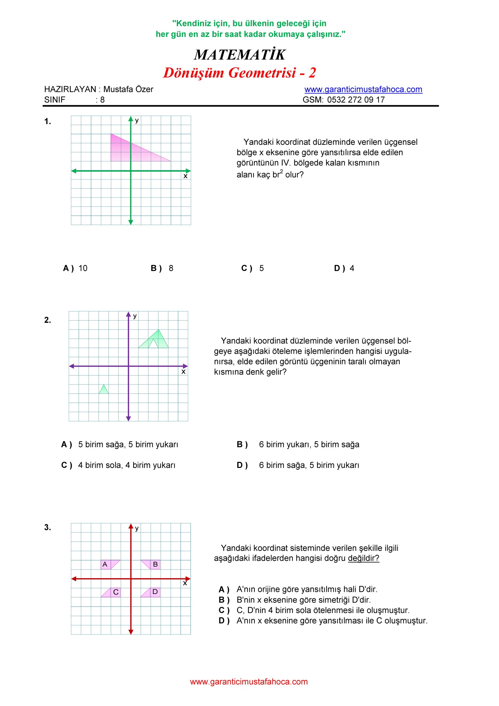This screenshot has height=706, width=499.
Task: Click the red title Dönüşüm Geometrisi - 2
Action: pos(240,73)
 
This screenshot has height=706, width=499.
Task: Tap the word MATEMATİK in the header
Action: pos(240,55)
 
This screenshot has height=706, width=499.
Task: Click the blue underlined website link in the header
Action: pos(363,90)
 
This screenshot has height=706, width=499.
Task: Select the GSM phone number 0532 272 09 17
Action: pos(356,100)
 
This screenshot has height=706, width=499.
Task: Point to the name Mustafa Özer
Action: pos(128,90)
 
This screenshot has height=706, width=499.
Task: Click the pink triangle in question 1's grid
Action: pos(128,150)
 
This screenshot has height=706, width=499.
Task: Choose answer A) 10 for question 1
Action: pos(75,268)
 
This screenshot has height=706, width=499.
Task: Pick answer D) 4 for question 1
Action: pos(344,268)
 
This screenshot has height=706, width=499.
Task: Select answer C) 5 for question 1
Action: pos(253,268)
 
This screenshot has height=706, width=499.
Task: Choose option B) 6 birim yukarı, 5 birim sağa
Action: pos(298,444)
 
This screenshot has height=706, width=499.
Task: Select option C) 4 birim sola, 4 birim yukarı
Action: pos(119,465)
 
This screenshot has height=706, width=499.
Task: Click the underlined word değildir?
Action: pos(364,558)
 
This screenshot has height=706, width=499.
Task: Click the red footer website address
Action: pos(249,682)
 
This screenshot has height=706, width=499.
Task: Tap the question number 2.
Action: pos(47,320)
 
